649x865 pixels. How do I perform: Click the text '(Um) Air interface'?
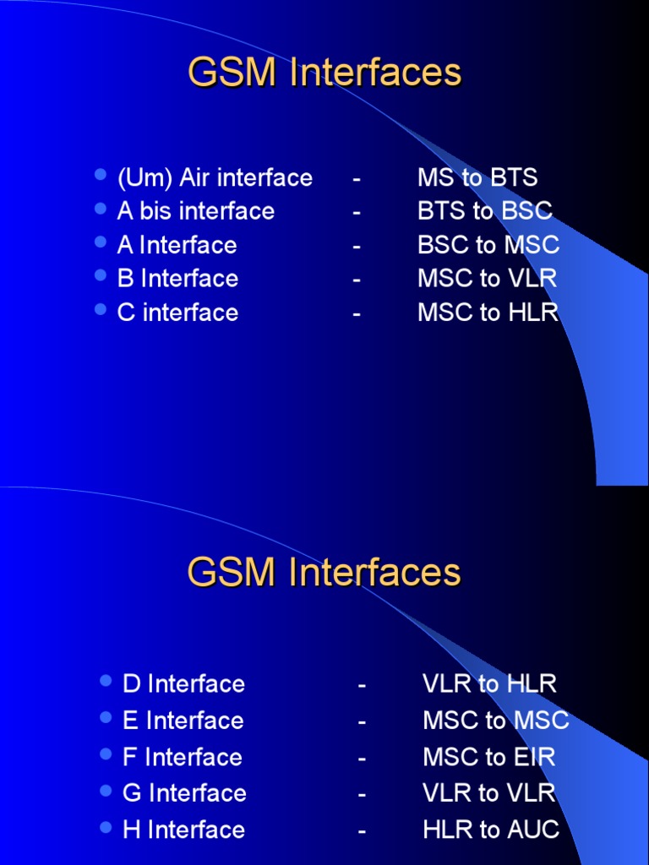[x=215, y=177]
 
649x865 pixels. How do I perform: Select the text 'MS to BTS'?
[x=477, y=177]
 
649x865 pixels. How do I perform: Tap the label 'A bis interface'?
[x=196, y=211]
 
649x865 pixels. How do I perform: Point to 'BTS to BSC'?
[x=485, y=211]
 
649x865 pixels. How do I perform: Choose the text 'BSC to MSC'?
[x=488, y=245]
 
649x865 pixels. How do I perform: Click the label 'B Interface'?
[x=177, y=279]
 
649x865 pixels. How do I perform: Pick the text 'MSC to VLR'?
[x=488, y=279]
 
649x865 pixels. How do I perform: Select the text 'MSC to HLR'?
[x=488, y=313]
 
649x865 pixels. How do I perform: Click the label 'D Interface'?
[x=183, y=683]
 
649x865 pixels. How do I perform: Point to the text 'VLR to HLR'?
[x=490, y=683]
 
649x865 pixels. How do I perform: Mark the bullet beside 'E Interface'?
[x=106, y=718]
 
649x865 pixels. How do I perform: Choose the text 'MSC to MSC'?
[x=496, y=721]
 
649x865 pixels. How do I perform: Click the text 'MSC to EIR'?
[x=489, y=757]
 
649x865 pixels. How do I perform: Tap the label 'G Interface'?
[x=184, y=793]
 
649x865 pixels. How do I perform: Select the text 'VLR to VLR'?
[x=489, y=793]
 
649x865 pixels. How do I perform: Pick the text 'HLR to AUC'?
[x=491, y=830]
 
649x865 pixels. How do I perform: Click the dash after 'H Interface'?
[x=362, y=830]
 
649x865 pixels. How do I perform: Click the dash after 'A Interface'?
[x=357, y=246]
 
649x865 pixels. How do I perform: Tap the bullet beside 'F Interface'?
[x=106, y=754]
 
